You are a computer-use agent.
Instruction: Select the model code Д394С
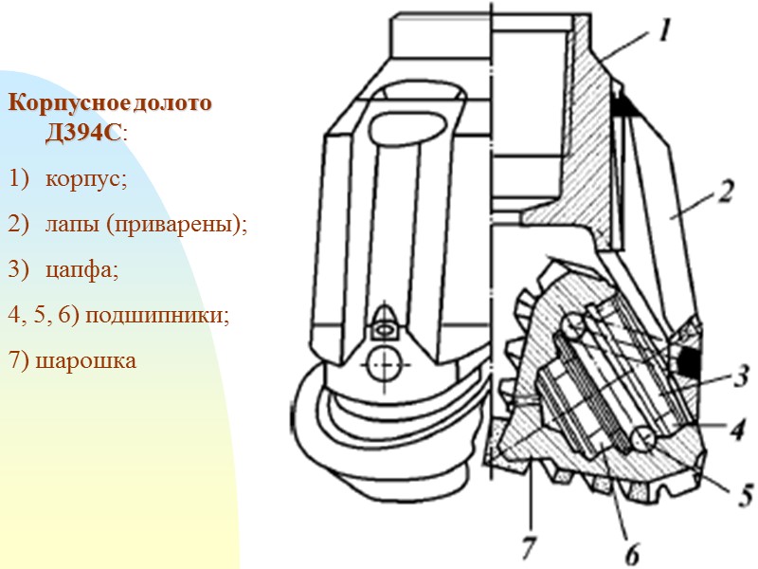83,133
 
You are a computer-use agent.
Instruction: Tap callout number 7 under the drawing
528,545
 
